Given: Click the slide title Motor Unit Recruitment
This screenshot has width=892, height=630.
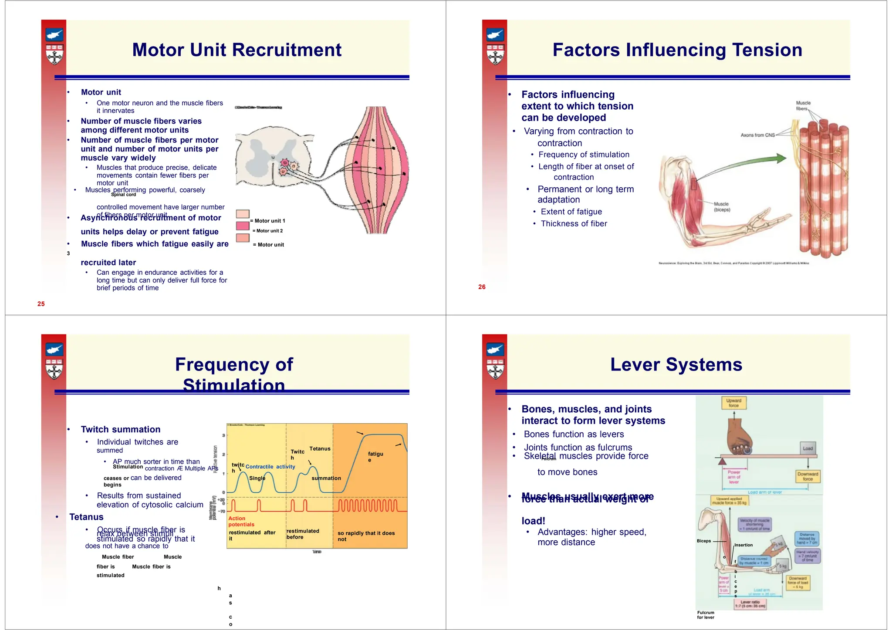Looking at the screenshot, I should tap(237, 50).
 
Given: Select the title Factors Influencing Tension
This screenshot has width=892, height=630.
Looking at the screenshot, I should tap(677, 50).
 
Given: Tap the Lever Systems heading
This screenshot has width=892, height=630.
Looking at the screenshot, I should tap(676, 365).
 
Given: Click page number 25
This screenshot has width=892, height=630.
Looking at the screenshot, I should tap(41, 304).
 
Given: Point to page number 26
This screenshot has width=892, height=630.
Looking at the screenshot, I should tap(482, 287).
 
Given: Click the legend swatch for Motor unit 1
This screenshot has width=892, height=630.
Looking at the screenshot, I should tap(243, 214).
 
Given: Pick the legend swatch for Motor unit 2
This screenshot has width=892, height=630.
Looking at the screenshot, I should tap(243, 226).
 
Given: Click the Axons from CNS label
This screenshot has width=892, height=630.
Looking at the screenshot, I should tap(757, 135).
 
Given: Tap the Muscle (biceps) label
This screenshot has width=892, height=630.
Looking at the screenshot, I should tap(722, 207).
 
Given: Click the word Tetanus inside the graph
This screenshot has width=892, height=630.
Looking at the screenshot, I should tap(320, 449).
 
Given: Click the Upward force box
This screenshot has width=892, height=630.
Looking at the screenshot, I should tap(733, 403).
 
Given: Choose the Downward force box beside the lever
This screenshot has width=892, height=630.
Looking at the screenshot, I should tap(808, 476).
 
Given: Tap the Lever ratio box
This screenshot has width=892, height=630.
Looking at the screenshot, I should tap(750, 604).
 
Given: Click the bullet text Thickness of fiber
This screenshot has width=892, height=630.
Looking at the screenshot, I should tap(574, 224).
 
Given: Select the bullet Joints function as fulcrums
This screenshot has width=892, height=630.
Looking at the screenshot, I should tap(578, 448).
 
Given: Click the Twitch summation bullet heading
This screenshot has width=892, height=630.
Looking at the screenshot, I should tap(121, 430).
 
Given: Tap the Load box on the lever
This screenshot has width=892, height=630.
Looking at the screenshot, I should tap(808, 448).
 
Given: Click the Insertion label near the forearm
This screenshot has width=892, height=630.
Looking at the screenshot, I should tap(743, 545).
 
